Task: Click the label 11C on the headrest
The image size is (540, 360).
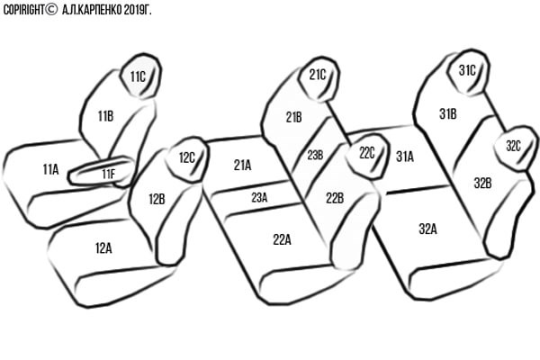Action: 138,76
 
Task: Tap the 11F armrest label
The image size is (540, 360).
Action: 109,175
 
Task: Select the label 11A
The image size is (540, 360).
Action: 50,169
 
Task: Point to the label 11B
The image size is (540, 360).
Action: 105,116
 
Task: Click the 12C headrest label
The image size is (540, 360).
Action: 187,158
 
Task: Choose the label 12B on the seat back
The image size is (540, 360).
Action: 157,199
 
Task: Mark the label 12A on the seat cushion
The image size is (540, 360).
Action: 103,248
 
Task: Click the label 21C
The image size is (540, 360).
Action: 317,75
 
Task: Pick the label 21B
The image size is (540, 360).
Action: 293,118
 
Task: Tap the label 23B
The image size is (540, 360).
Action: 315,156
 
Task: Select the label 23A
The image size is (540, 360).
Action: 259,198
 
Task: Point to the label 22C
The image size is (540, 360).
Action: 367,153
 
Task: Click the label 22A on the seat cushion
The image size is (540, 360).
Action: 282,239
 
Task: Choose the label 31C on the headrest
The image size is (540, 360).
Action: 467,70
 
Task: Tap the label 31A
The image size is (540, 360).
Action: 405,157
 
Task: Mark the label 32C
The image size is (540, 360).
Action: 513,146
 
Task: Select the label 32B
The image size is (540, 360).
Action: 482,184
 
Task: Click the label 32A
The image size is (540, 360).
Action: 427,229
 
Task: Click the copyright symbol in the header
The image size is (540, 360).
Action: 51,10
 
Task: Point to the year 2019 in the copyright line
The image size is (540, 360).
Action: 133,10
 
